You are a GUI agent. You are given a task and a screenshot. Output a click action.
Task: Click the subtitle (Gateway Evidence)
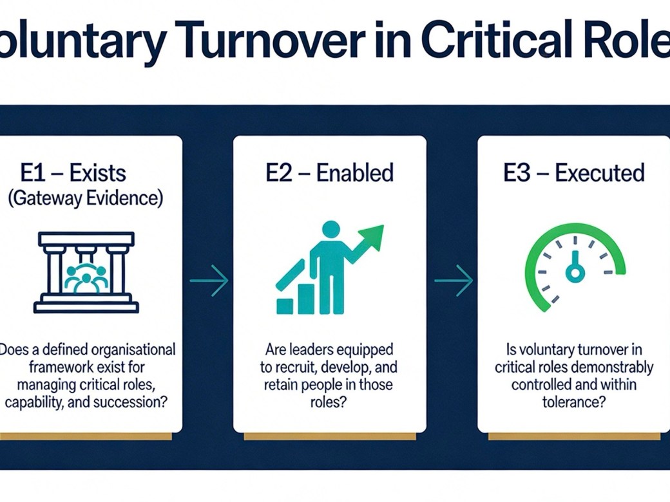pos(85,198)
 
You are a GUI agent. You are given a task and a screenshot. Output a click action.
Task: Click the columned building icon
pos(86,272)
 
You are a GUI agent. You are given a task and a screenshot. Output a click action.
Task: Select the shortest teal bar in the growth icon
pos(284,306)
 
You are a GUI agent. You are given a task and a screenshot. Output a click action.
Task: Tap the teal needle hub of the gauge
pos(575,274)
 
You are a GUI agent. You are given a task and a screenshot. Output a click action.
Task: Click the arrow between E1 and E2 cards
pos(209,281)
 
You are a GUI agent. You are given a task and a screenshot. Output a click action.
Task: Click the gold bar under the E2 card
pos(329,436)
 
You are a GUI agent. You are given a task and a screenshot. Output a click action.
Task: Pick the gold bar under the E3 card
pos(574,436)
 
